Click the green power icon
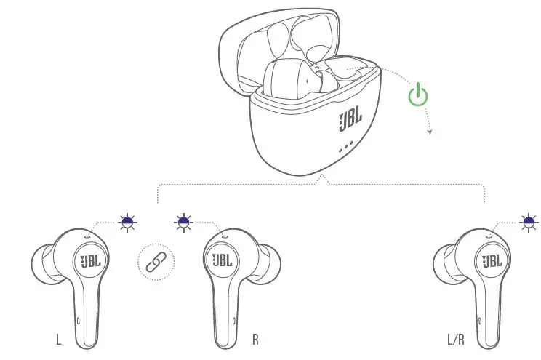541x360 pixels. pyautogui.click(x=418, y=95)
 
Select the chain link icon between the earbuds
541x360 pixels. pyautogui.click(x=156, y=261)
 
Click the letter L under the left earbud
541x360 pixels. pyautogui.click(x=58, y=339)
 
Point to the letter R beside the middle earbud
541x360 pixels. pyautogui.click(x=255, y=339)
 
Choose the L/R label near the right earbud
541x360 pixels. pyautogui.click(x=456, y=339)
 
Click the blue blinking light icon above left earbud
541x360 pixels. pyautogui.click(x=129, y=220)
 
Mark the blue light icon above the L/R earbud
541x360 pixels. pyautogui.click(x=529, y=220)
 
